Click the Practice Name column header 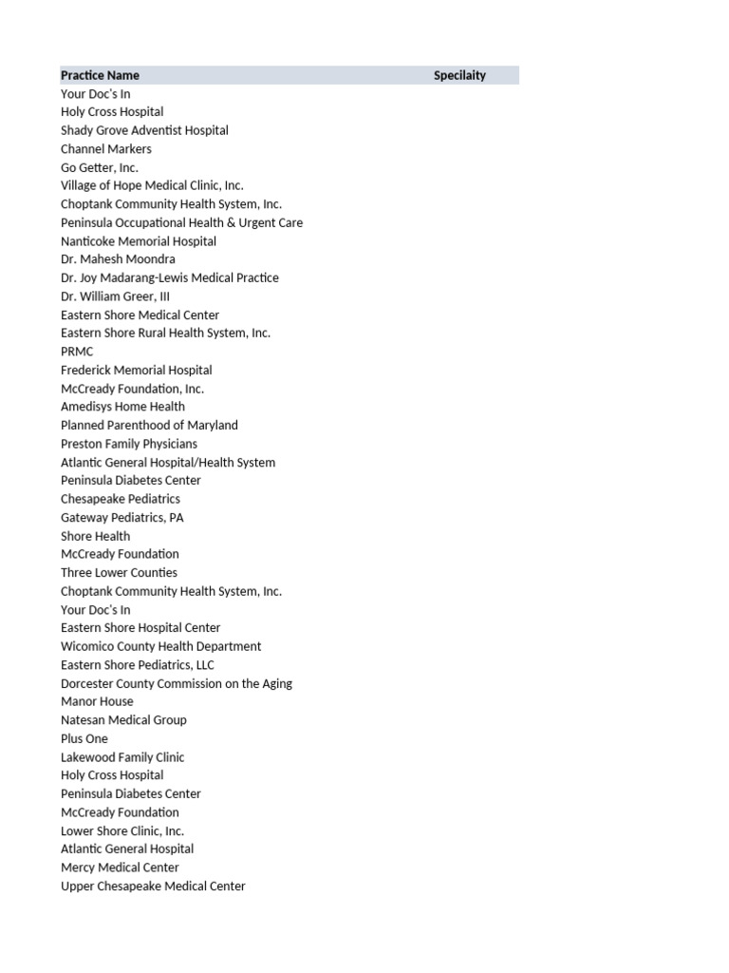coord(100,75)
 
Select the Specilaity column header coord(459,75)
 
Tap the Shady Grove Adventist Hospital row coord(144,130)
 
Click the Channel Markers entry coord(106,149)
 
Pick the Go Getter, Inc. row coord(100,167)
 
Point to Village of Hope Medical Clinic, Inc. coord(152,185)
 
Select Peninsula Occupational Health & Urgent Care coord(181,222)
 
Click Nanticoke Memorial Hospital coord(139,241)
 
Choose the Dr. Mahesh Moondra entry coord(118,259)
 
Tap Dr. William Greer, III coord(115,296)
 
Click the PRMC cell coord(77,352)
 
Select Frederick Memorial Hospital coord(137,370)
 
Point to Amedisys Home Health coord(123,407)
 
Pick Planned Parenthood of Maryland coord(149,425)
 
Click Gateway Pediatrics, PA coord(122,518)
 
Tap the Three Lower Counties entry coord(119,573)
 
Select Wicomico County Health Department coord(161,646)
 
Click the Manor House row coord(97,701)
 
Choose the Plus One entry coord(84,738)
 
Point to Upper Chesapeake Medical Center coord(153,886)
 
